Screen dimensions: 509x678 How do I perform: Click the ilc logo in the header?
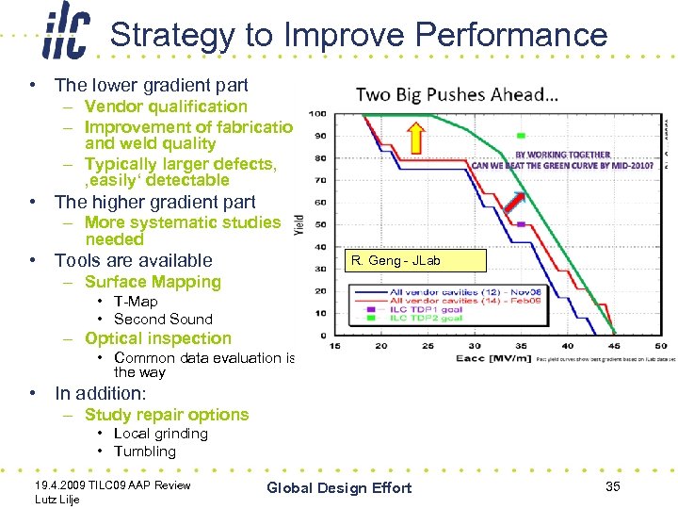tap(66, 34)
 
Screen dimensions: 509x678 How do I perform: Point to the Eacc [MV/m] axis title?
tap(487, 359)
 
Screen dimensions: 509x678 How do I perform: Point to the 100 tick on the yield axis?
tap(318, 114)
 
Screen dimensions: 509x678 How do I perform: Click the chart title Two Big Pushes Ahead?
tap(457, 94)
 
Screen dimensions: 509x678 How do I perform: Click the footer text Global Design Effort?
tap(339, 487)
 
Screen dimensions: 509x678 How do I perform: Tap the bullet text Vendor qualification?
tap(166, 107)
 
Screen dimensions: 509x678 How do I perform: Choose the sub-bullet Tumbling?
tap(145, 451)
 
